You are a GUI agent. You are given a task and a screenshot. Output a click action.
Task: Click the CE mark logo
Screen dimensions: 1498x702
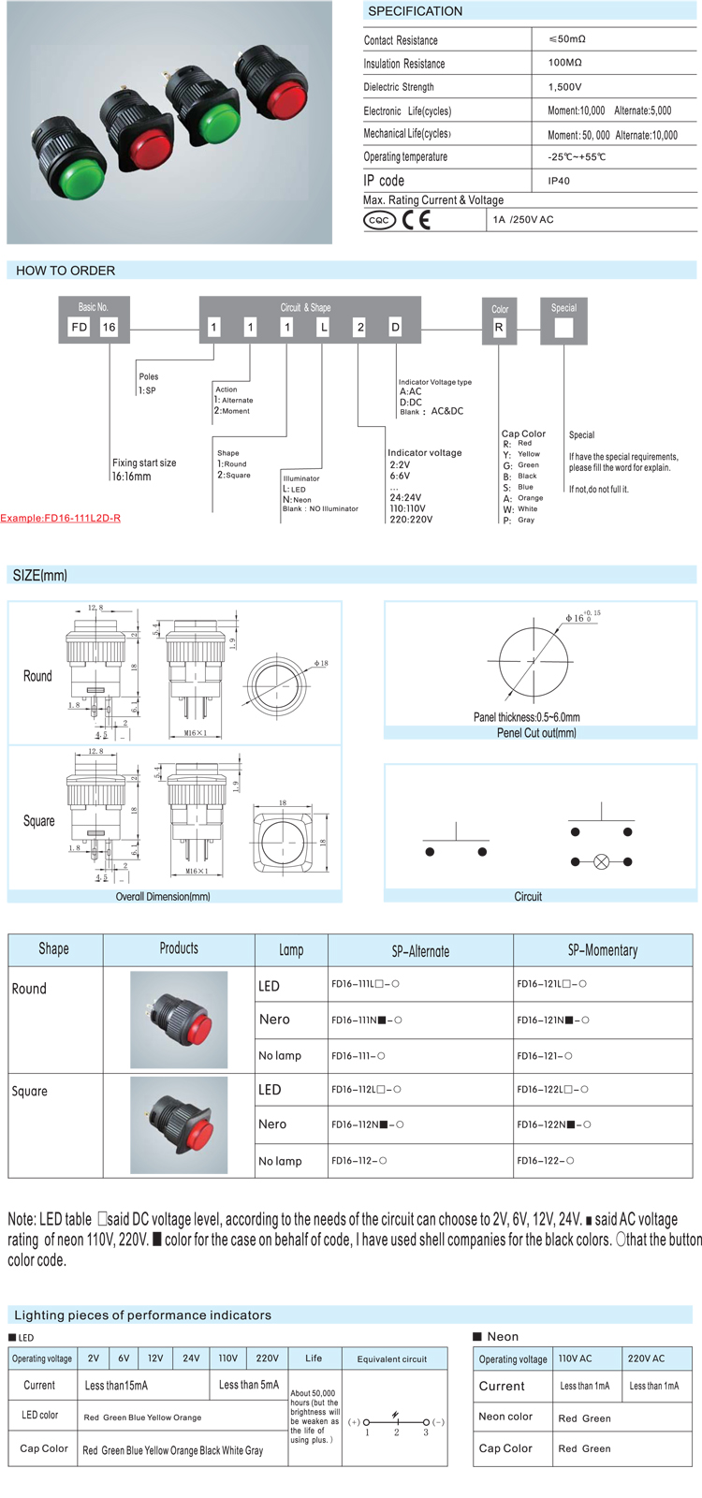point(417,220)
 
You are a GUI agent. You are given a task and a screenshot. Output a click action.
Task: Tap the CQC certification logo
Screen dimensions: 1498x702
point(379,220)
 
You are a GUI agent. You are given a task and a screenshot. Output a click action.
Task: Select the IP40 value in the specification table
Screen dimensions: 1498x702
point(559,181)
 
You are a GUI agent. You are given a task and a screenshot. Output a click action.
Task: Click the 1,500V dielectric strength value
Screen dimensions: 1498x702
point(564,87)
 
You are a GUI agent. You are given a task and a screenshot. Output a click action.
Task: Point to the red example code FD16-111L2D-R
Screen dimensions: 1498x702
point(60,518)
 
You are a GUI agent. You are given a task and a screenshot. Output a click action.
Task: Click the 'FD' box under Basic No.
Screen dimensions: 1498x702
point(80,327)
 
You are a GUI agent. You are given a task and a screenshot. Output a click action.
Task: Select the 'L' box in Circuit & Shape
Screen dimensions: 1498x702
point(324,327)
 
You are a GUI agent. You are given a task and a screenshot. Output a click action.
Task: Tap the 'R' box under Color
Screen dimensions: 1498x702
point(499,328)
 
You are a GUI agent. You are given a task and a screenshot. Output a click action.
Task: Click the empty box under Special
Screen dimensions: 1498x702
point(563,328)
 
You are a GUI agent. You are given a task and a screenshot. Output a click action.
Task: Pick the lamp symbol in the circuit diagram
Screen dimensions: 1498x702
point(601,861)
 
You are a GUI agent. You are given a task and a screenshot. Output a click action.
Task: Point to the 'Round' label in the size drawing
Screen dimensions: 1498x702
point(37,676)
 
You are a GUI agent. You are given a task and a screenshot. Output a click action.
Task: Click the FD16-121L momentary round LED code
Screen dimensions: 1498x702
point(552,984)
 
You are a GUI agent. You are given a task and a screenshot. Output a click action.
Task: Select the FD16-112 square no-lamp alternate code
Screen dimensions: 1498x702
point(358,1161)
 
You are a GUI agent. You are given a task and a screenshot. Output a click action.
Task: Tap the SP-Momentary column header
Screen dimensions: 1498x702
point(603,950)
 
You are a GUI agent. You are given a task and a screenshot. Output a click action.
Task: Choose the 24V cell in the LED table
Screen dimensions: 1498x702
point(191,1358)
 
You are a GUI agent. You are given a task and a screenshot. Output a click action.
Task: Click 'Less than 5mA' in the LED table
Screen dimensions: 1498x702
point(248,1385)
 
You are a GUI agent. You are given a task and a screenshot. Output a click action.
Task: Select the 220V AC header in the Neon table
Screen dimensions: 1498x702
point(646,1358)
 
